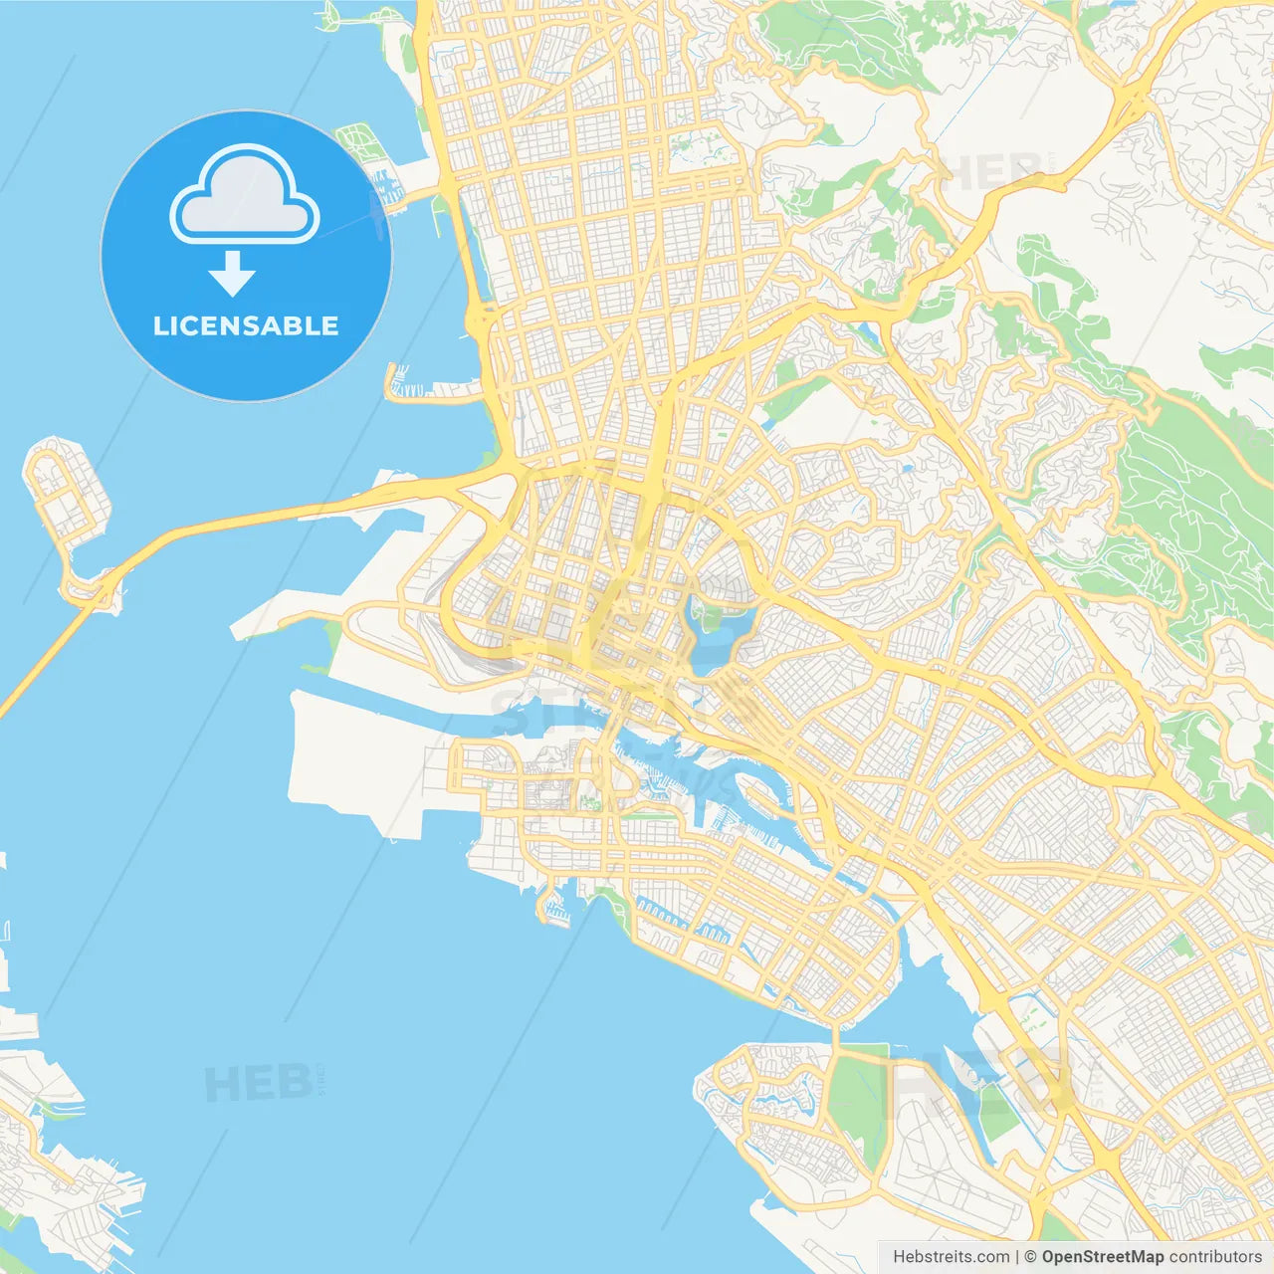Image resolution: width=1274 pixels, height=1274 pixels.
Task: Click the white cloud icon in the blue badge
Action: click(245, 196)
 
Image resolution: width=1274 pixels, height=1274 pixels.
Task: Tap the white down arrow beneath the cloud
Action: click(232, 274)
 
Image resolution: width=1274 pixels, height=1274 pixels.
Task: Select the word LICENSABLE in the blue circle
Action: click(246, 326)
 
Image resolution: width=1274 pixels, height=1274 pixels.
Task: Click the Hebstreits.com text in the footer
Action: click(951, 1257)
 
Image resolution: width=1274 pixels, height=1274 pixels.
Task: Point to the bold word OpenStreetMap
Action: click(1103, 1257)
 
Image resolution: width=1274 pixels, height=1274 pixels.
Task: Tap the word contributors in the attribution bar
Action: click(1215, 1257)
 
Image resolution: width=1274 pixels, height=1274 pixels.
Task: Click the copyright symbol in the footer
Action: click(1030, 1257)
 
